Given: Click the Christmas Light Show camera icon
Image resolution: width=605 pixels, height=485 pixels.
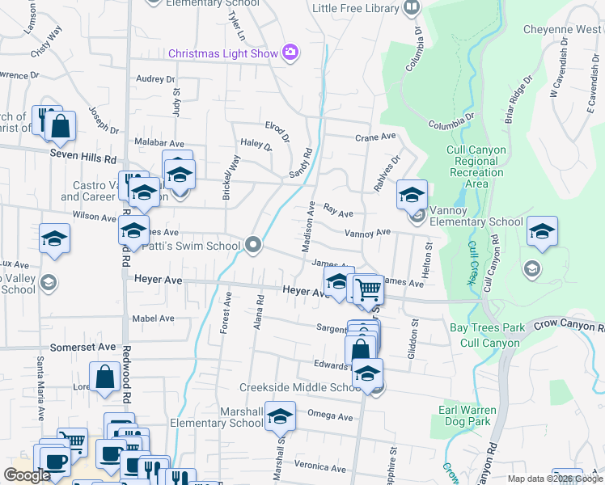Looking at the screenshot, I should [290, 53].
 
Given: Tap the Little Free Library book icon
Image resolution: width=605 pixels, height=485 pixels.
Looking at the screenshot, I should [412, 8].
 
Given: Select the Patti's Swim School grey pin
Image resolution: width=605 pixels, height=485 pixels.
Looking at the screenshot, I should [253, 245].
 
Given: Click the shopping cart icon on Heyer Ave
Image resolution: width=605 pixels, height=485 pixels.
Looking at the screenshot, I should [368, 289].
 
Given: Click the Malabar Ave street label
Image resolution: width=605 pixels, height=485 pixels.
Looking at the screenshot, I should [155, 141].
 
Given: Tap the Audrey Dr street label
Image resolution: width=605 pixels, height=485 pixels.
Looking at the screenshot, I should [155, 79].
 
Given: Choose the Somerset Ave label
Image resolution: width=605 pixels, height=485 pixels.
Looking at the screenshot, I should [83, 346].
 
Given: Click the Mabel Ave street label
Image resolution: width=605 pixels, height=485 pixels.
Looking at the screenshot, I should [153, 318].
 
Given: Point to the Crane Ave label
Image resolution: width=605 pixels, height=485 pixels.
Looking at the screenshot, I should [375, 137].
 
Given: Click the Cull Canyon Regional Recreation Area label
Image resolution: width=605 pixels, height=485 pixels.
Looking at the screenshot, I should [477, 167].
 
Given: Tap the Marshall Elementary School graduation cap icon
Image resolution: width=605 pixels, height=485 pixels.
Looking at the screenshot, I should [280, 416].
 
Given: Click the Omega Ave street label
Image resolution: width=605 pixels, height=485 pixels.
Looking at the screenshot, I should [330, 417].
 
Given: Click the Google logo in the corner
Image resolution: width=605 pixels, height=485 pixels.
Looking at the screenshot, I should [27, 475].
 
